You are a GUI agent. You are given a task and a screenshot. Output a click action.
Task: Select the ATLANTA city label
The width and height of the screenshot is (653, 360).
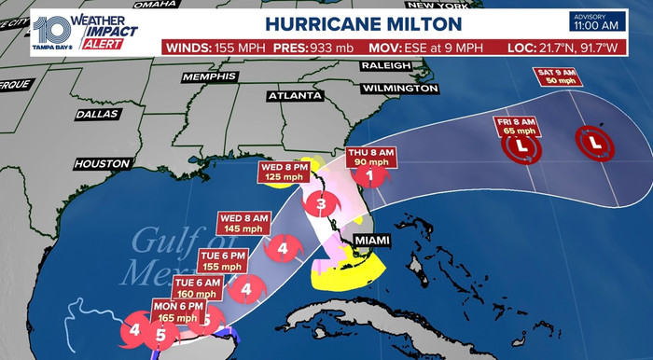coord(288,95)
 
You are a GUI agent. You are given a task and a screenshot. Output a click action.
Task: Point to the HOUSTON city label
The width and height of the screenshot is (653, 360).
coord(102,163)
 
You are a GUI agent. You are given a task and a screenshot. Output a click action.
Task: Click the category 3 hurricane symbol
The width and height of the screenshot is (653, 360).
coord(321,204)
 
